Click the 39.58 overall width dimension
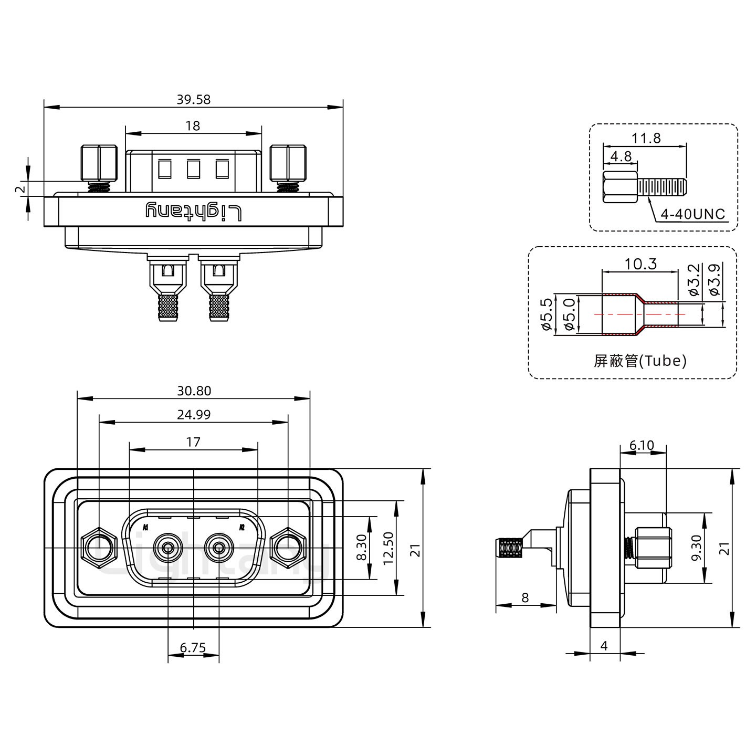pos(193,99)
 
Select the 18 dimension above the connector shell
pos(193,126)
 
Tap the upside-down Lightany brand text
pos(193,211)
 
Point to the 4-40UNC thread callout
pos(692,214)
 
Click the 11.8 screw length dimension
pos(646,138)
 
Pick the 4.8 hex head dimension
pos(621,156)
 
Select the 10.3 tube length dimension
pos(641,264)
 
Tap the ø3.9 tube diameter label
pos(714,280)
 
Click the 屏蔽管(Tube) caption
pos(640,361)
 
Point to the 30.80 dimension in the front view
pos(194,391)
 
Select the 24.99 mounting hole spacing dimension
pos(194,415)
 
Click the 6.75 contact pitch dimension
pos(193,648)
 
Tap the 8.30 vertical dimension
pos(362,547)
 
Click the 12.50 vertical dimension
pos(388,547)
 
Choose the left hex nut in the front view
pos(98,548)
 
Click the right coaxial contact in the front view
pos(219,548)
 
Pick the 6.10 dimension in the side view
pos(642,446)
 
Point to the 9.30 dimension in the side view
pos(697,548)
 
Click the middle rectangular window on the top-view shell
pos(193,169)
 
